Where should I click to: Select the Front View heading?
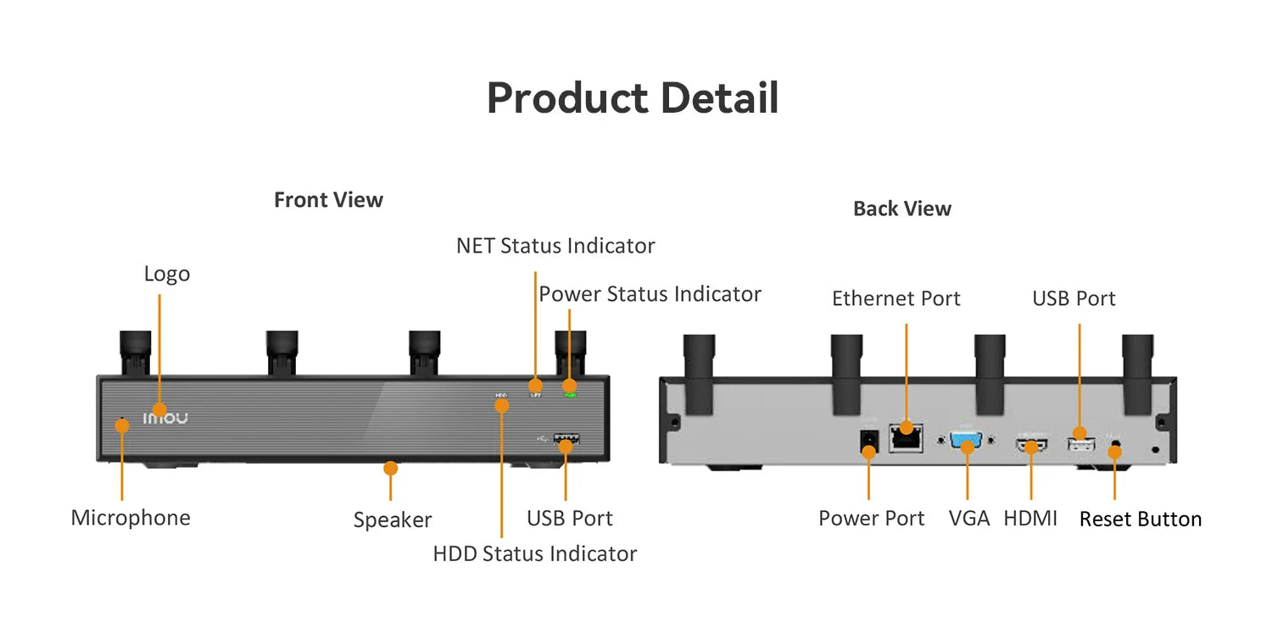point(328,200)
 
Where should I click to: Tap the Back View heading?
point(902,208)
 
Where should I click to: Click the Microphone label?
point(131,518)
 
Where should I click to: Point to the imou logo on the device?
point(165,418)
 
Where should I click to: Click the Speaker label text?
point(393,520)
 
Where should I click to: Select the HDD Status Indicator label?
point(534,553)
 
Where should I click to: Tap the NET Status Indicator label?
point(555,246)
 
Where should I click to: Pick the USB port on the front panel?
point(566,440)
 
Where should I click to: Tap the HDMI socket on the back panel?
point(1031,444)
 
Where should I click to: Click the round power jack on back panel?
point(868,442)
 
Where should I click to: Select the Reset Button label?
point(1140,519)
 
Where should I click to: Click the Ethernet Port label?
point(895,298)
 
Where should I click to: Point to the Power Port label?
point(871,518)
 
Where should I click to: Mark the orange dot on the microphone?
point(122,425)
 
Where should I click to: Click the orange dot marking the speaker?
point(390,468)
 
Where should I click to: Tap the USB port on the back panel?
point(1079,442)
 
